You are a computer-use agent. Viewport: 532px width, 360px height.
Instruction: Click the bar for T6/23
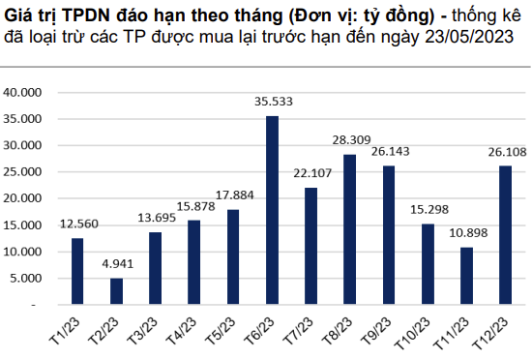tap(273, 211)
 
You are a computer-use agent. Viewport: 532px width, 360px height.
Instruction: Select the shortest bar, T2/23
tap(117, 291)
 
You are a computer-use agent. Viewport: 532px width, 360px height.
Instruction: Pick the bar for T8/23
tap(349, 230)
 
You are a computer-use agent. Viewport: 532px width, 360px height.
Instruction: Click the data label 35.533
tap(273, 101)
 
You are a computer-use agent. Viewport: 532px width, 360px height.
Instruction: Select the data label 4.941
tap(117, 263)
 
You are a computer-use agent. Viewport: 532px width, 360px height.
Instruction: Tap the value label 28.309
tap(349, 139)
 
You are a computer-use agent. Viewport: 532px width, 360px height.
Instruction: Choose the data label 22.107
tap(310, 172)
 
